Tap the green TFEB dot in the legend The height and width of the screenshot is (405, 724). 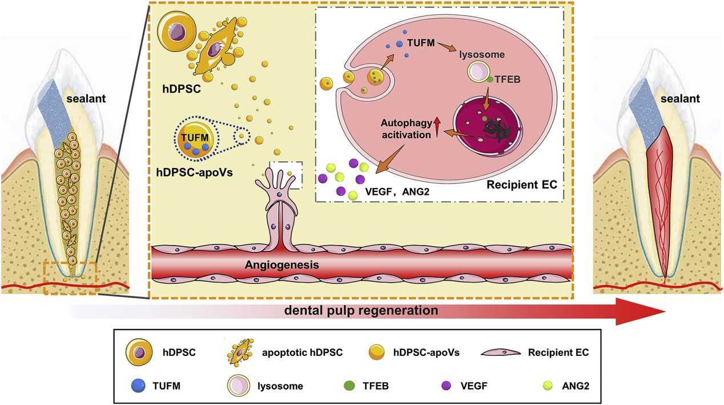(347, 385)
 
